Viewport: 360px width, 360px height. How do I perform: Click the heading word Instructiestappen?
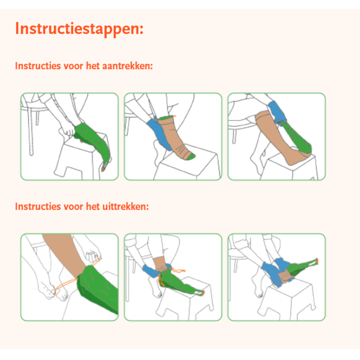coord(79,29)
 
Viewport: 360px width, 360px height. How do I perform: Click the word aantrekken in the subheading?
coord(127,66)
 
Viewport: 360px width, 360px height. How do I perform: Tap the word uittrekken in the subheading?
coord(126,207)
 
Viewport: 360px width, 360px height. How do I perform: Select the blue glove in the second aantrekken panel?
coord(158,133)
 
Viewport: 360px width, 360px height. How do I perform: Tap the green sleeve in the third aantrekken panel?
coord(296,138)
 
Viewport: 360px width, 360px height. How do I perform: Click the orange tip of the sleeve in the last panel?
coord(317,261)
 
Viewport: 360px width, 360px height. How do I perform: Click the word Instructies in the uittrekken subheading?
coord(38,207)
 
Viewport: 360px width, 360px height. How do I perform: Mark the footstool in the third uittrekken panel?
coord(287,299)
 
